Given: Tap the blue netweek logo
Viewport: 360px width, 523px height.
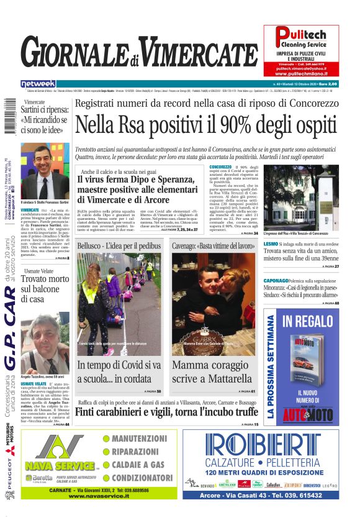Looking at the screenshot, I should tap(38, 83).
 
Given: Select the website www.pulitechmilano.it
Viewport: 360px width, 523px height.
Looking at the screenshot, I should tap(301, 73).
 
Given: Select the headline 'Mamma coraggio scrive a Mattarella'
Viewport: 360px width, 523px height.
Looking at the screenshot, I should tap(213, 371).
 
